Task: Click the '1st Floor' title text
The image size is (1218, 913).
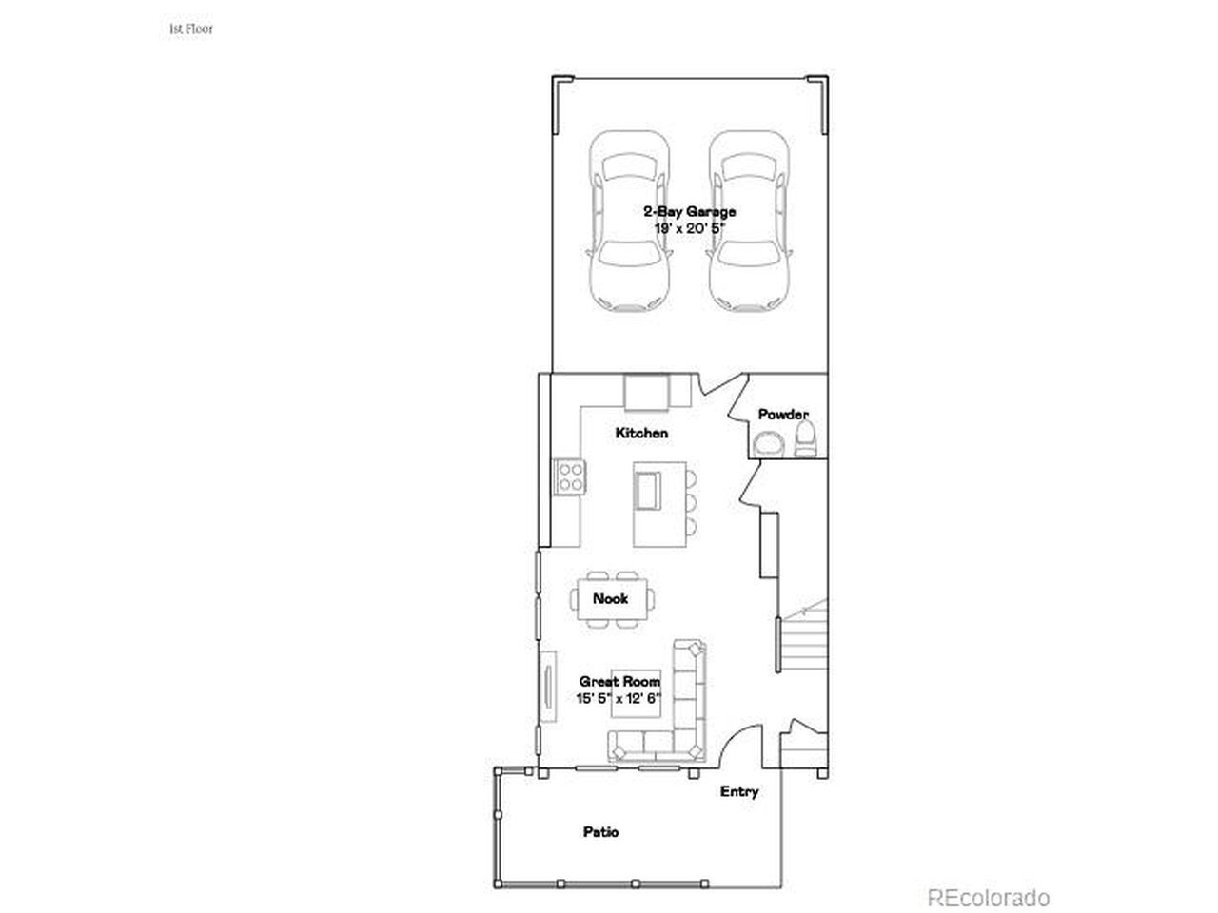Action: [191, 29]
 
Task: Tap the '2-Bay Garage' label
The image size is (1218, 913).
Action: [689, 211]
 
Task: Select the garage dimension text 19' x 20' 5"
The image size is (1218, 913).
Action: [689, 228]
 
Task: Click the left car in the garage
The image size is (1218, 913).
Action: [629, 222]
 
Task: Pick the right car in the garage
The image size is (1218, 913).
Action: [749, 222]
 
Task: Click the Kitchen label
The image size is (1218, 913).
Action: [641, 433]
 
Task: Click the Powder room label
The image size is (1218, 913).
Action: [783, 414]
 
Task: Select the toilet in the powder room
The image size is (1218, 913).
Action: [805, 438]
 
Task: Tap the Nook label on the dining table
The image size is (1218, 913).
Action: [610, 599]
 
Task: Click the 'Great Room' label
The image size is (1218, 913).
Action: [619, 681]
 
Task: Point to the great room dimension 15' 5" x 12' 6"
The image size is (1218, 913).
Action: [619, 698]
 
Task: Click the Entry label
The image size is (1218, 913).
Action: [739, 791]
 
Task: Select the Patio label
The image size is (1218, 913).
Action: [601, 832]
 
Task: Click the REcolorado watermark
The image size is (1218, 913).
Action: [989, 898]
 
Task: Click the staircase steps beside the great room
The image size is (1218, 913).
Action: [804, 644]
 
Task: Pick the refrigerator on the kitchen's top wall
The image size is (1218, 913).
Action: [646, 392]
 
